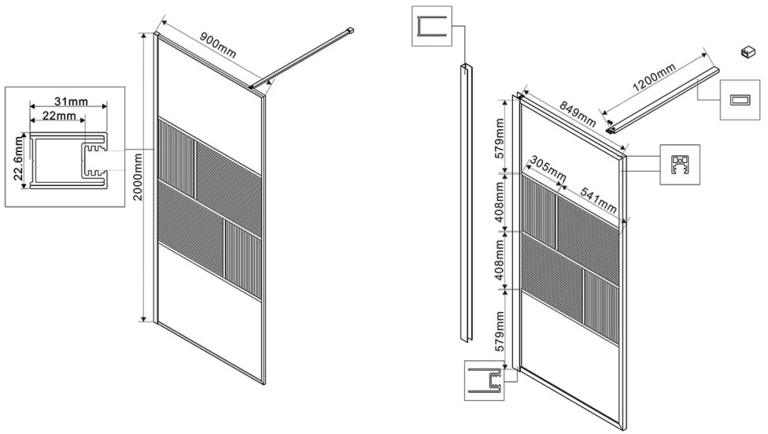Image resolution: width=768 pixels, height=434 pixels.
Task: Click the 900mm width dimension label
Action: point(218,44)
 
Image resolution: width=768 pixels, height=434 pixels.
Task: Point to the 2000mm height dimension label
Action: point(138,177)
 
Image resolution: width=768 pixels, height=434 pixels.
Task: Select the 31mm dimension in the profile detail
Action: point(71,101)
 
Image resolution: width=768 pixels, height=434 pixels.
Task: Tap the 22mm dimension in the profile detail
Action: point(59,116)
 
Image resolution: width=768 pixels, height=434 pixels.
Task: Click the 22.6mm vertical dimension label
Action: point(18,158)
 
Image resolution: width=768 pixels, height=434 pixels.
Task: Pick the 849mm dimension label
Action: point(578,113)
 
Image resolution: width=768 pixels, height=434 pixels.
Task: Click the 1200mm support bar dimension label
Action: point(654,78)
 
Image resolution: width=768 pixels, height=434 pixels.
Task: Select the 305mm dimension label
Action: point(548,168)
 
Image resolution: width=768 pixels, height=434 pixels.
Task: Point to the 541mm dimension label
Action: point(598,200)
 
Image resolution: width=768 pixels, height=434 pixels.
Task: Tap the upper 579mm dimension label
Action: point(500,138)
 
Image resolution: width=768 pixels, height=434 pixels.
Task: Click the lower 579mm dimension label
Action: point(500,330)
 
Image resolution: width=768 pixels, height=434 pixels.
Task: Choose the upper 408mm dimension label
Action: point(500,202)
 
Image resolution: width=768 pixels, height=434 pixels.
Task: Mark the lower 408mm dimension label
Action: point(500,260)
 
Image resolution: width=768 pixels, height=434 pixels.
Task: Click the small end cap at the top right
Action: point(747,51)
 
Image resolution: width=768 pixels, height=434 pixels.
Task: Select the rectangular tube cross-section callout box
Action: point(739,100)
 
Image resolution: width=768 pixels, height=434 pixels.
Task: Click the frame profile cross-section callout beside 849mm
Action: point(680,165)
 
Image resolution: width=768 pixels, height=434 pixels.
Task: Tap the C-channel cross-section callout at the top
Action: point(432,26)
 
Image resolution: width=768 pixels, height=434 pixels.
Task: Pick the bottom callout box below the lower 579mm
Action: point(484,381)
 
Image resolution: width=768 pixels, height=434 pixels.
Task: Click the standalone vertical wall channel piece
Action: point(466,202)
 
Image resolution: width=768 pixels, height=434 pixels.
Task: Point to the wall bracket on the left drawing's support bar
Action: point(350,30)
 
